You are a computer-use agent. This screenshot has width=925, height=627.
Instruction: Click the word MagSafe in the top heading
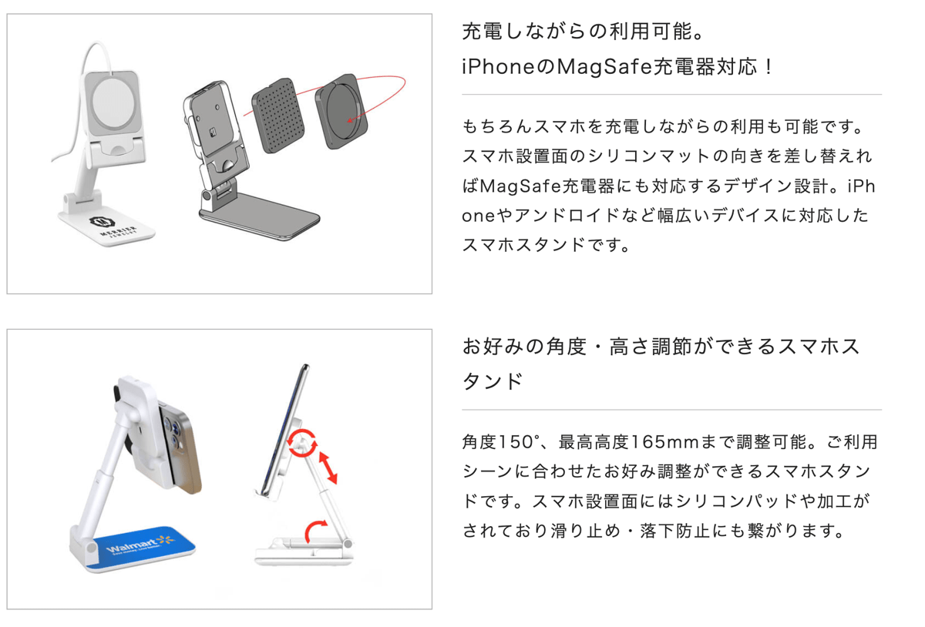click(x=605, y=67)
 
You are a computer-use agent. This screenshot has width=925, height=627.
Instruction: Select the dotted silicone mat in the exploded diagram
click(x=277, y=116)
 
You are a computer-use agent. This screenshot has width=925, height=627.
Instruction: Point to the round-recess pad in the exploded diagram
click(x=341, y=112)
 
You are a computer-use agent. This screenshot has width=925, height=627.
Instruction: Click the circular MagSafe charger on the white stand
click(x=113, y=102)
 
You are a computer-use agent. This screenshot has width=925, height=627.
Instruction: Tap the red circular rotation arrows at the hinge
click(x=302, y=443)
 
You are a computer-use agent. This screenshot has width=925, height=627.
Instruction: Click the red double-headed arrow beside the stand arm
click(x=328, y=468)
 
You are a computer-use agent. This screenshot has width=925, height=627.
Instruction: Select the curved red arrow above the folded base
click(x=314, y=531)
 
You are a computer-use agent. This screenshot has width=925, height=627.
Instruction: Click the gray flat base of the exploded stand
click(x=259, y=216)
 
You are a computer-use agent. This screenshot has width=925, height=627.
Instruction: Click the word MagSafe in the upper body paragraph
click(x=520, y=186)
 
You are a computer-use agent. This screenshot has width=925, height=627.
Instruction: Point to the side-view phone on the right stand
click(x=285, y=429)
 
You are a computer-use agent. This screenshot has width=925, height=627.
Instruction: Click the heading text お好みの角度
click(x=524, y=347)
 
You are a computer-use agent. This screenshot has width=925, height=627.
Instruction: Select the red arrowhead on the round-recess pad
click(x=350, y=120)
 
